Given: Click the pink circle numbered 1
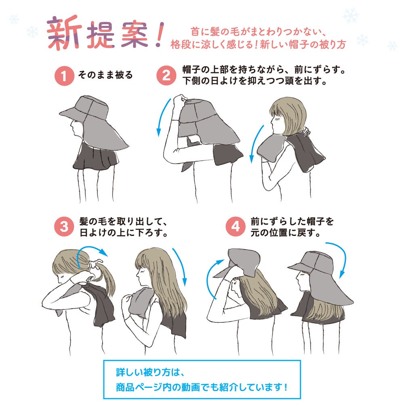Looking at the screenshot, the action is point(64,76).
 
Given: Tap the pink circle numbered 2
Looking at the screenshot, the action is point(166,75).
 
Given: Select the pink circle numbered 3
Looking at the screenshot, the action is point(64,227).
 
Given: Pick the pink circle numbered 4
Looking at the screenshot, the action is point(236,227).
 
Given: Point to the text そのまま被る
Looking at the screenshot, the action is point(105,75).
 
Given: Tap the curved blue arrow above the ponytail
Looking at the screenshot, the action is point(90,248).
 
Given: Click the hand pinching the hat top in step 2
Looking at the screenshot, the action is point(180,101).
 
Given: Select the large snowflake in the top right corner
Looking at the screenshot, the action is point(350,15).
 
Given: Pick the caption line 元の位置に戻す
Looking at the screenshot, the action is point(286,233).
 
